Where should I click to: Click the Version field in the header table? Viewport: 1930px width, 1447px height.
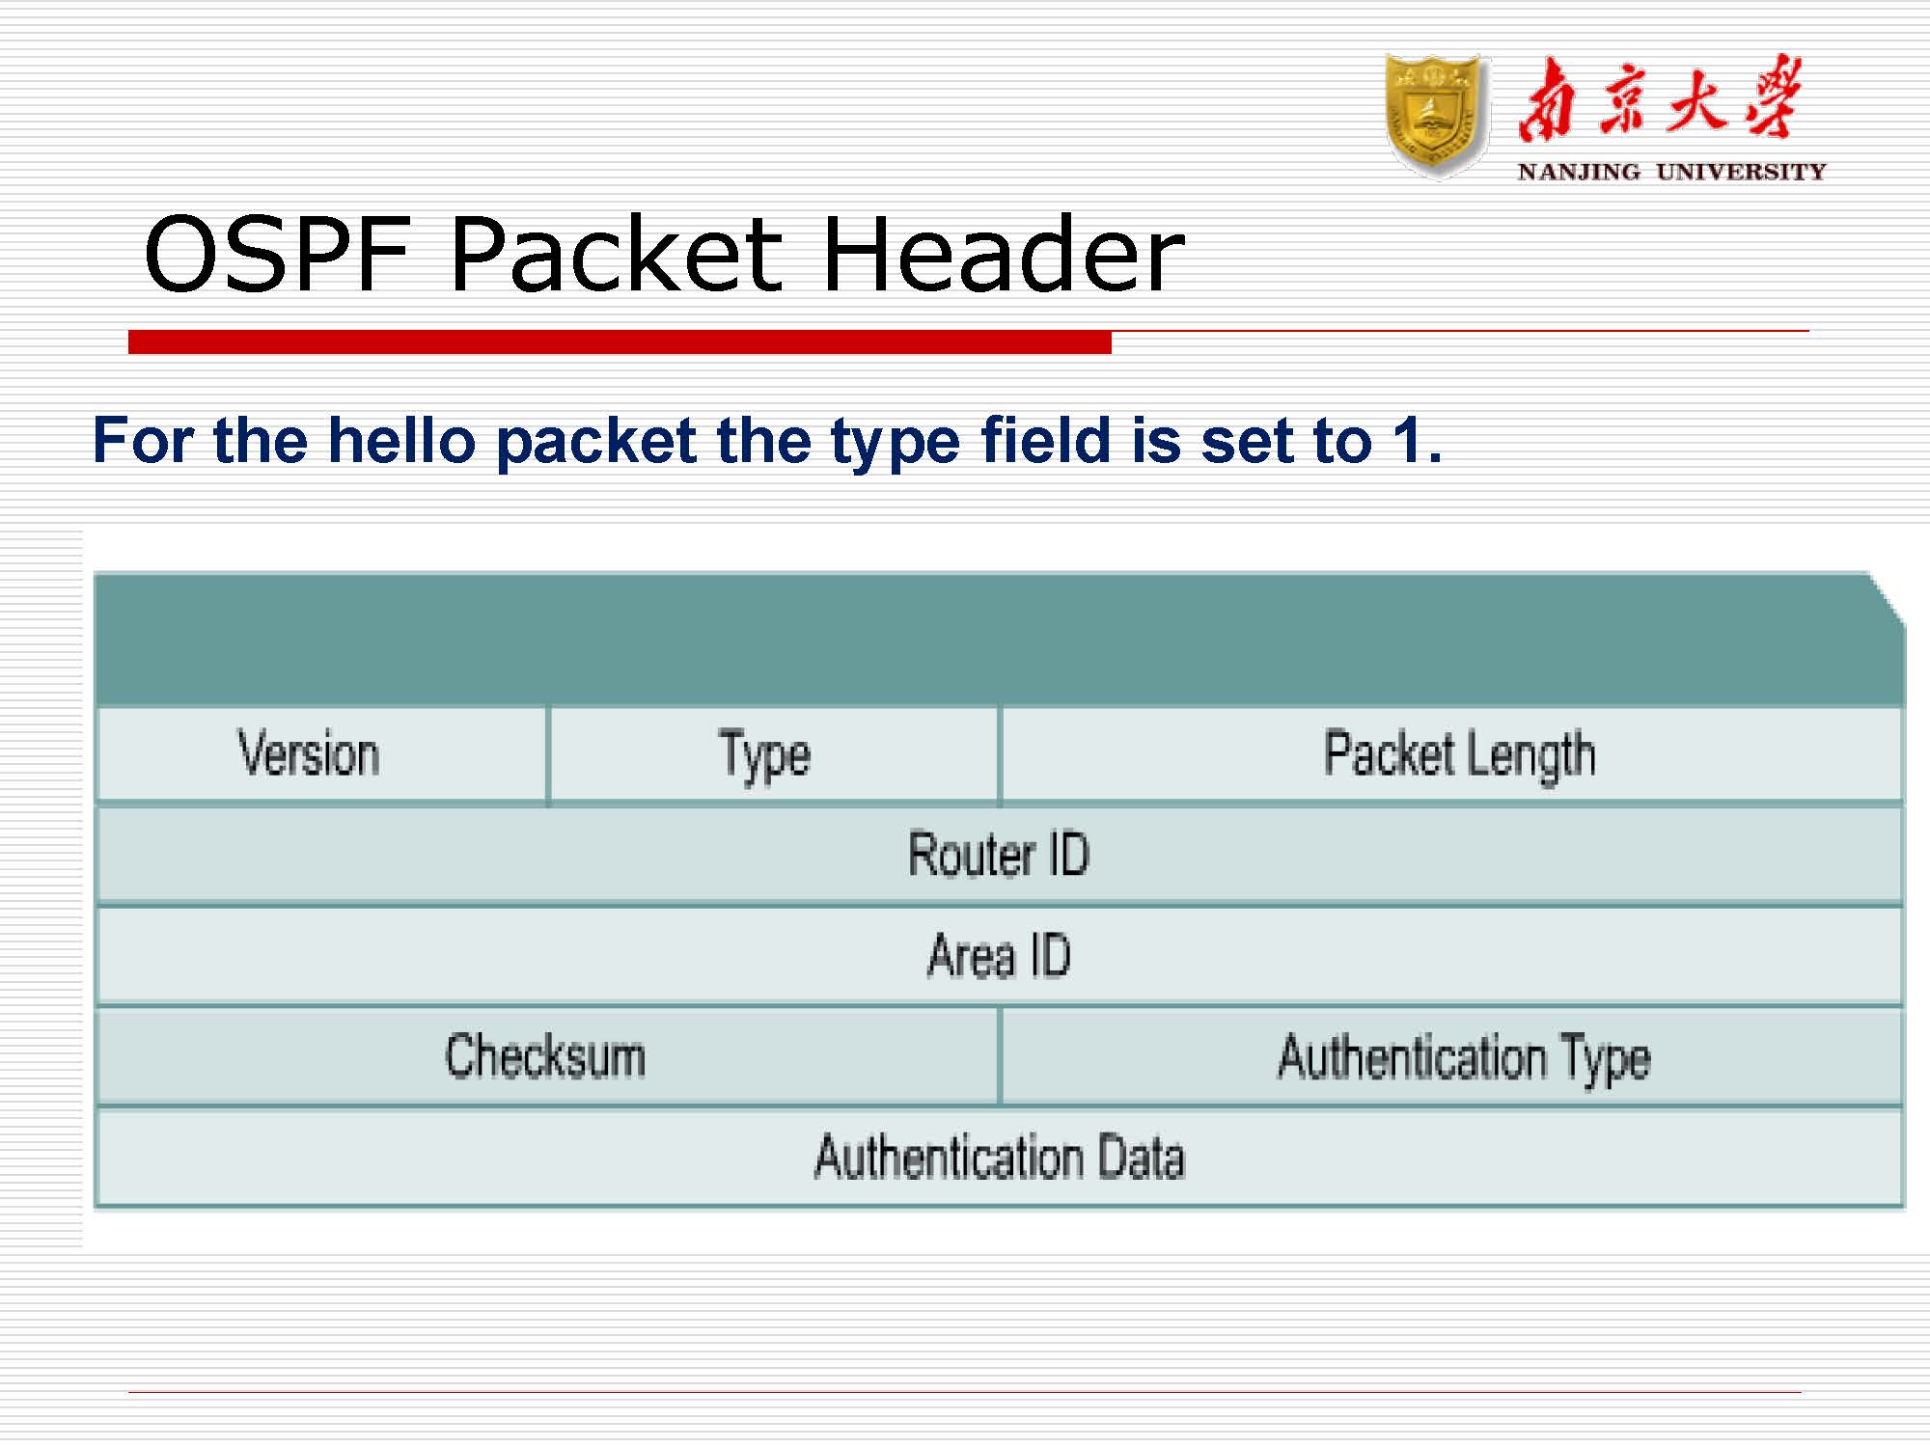coord(309,754)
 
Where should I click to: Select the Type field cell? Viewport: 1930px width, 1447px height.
coord(764,754)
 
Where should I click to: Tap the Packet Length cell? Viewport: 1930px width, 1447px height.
coord(1459,754)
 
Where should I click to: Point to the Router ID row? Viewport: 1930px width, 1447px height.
coord(999,855)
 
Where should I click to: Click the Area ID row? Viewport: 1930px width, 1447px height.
coord(999,955)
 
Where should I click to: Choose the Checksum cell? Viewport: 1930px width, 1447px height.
coord(545,1055)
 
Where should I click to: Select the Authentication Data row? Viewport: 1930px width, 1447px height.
coord(999,1157)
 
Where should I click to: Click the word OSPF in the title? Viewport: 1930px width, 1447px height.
coord(278,255)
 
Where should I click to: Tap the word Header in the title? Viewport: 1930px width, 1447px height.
coord(1004,255)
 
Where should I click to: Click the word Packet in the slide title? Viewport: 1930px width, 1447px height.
coord(616,255)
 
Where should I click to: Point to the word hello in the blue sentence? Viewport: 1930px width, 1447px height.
coord(402,442)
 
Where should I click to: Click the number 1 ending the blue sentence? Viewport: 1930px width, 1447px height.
coord(1407,442)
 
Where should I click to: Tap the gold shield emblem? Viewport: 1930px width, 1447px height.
coord(1435,116)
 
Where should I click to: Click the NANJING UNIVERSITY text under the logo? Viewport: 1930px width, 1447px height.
coord(1671,173)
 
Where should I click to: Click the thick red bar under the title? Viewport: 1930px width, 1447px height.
coord(620,341)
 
